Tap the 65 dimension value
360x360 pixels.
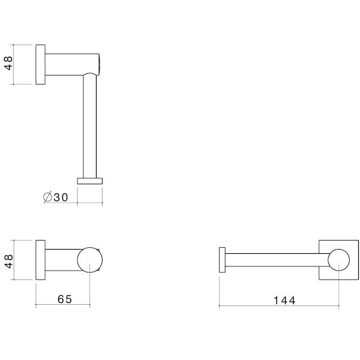[x=64, y=299]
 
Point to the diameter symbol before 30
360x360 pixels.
[x=47, y=196]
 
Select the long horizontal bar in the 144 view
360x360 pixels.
[x=276, y=260]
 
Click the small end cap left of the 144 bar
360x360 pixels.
[x=222, y=260]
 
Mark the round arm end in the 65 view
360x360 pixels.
[x=90, y=260]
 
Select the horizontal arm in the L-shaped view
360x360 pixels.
[x=69, y=64]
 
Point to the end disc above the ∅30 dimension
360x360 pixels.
[x=90, y=180]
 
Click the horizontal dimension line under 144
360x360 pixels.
[x=279, y=307]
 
